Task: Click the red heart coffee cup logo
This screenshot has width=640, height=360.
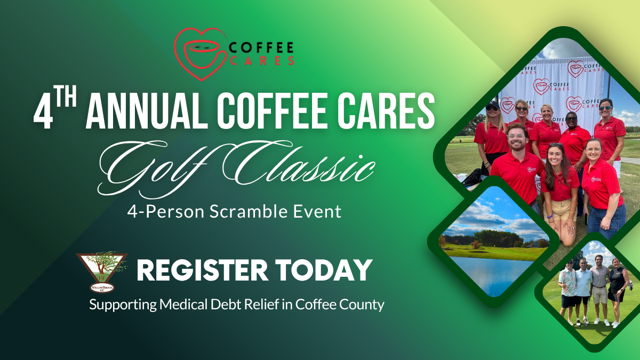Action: point(201,54)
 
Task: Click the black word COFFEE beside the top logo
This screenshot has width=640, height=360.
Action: point(261,47)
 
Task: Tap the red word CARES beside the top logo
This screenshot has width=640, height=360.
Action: point(262,61)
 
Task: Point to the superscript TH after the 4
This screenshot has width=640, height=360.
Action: point(66,98)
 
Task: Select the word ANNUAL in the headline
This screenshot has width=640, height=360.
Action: point(147,110)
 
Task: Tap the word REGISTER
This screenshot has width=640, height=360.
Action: point(202,270)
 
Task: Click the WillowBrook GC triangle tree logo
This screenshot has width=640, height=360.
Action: point(102,272)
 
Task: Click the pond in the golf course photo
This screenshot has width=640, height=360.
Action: point(492,274)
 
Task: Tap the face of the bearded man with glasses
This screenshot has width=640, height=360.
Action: point(517,138)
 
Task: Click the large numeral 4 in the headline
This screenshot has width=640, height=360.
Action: point(43,113)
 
